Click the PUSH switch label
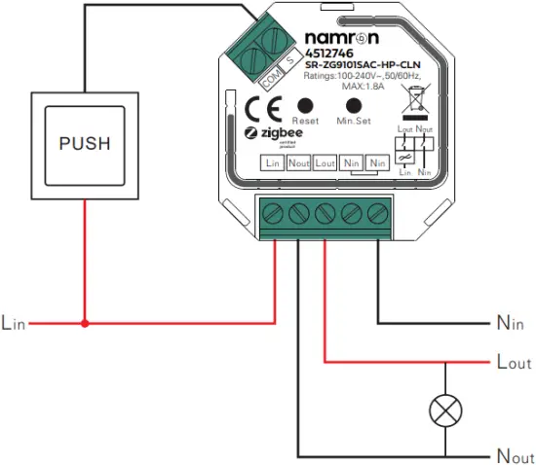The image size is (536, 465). point(85,144)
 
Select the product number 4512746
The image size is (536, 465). point(302,55)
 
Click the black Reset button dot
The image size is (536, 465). point(305,104)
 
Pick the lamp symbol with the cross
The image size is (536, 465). point(445,411)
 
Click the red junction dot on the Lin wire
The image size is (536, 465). point(85,322)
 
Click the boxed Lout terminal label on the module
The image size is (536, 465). point(325,163)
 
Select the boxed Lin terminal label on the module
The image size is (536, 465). point(273,163)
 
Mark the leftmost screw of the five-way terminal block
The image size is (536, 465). point(274,210)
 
